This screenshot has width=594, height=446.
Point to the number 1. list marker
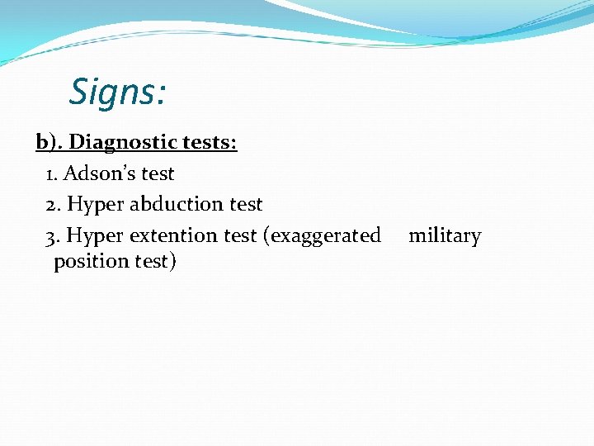(x=52, y=174)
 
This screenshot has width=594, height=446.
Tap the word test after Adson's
(x=158, y=173)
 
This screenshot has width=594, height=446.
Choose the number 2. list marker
(x=54, y=204)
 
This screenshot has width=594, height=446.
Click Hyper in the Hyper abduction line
(x=93, y=205)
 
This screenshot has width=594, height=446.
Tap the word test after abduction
(x=246, y=204)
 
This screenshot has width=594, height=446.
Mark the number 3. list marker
(x=54, y=236)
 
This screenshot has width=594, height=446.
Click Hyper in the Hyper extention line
(x=93, y=237)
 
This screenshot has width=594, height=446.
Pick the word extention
(x=172, y=236)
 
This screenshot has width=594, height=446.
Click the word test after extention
(x=240, y=236)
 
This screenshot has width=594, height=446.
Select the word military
(x=445, y=236)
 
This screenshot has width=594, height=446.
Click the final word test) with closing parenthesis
(x=153, y=262)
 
